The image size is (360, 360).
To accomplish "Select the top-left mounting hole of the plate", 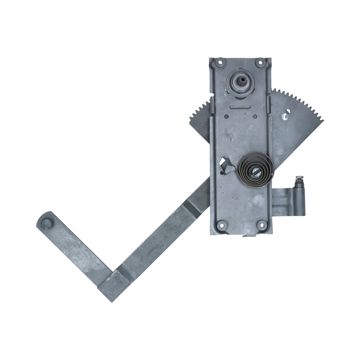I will tap(220, 63).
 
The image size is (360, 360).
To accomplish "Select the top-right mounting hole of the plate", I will tap(260, 63).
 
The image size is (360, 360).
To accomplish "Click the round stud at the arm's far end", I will tap(46, 222).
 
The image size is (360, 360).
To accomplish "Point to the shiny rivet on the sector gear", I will tap(285, 116).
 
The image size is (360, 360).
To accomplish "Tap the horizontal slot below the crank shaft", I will tap(240, 107).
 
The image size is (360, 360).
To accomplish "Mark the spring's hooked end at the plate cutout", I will tap(226, 167).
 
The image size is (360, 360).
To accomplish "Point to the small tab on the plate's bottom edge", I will tap(246, 235).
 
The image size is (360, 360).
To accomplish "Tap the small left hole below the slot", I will tap(227, 117).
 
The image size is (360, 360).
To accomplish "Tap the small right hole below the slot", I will tap(255, 117).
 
